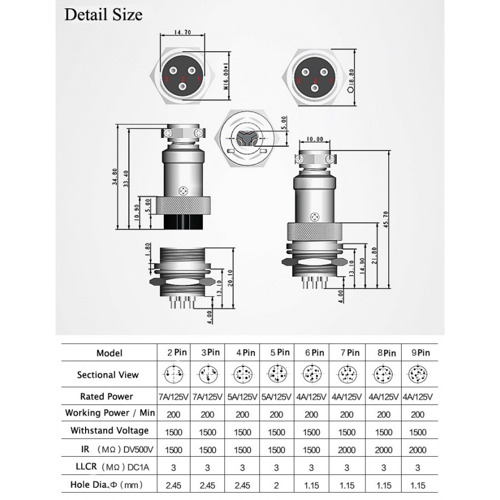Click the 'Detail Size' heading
pos(103,14)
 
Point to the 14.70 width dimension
pos(183,33)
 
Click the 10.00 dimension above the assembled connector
pos(315,139)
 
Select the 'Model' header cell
pos(109,353)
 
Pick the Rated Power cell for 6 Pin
pos(311,397)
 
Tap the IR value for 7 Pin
pos(346,449)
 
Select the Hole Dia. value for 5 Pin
pos(276,485)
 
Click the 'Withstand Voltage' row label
pos(109,431)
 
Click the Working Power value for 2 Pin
pos(173,414)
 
